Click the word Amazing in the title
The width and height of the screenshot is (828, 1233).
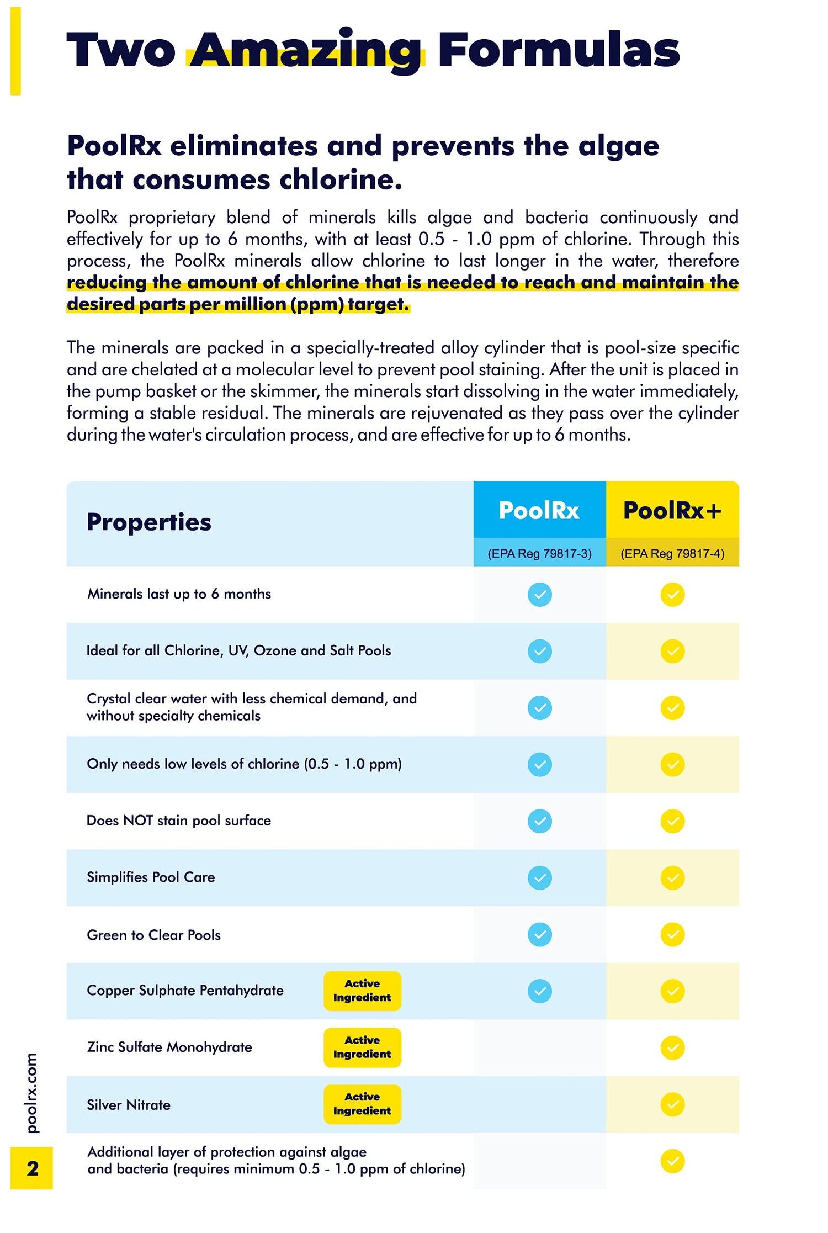coord(306,51)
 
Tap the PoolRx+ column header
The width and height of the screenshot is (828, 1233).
coord(672,510)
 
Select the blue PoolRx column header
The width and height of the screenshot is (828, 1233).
coord(539,510)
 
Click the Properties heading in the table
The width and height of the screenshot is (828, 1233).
coord(149,522)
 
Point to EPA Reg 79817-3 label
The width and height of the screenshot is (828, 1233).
coord(539,553)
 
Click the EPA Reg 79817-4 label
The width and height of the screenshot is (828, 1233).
coord(672,553)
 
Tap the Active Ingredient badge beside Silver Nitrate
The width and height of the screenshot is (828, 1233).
coord(362,1104)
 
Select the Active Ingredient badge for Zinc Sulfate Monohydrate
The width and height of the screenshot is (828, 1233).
coord(362,1047)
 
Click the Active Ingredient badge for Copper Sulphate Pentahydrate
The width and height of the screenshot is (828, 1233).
coord(362,991)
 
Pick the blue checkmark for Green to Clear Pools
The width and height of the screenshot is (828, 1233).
coord(539,934)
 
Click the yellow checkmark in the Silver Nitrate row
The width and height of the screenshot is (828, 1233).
coord(672,1104)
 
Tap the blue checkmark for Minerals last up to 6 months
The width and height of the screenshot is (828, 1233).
coord(539,595)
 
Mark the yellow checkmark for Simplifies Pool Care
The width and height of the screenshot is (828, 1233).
coord(672,878)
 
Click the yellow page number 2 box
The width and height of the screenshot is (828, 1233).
coord(32,1168)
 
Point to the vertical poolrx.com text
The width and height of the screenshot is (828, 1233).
coord(32,1093)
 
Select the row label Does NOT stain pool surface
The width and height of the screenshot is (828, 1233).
coord(179,821)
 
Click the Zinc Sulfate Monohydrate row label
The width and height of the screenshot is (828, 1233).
coord(169,1047)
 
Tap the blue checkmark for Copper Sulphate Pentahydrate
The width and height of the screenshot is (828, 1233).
coord(539,991)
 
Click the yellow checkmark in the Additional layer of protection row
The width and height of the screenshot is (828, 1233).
coord(672,1161)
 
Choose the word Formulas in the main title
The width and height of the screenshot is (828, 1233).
coord(558,51)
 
